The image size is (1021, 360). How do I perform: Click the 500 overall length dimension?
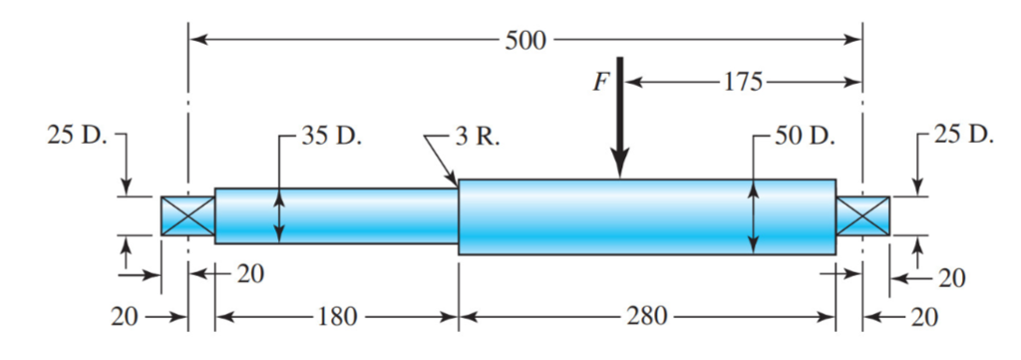click(x=524, y=41)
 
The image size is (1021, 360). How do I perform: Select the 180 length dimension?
click(x=336, y=319)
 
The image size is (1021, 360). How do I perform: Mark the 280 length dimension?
click(x=647, y=319)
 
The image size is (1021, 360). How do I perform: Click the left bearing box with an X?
click(x=187, y=215)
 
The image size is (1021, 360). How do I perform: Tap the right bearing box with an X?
click(x=862, y=215)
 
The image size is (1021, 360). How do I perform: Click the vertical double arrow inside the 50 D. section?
click(x=754, y=216)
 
